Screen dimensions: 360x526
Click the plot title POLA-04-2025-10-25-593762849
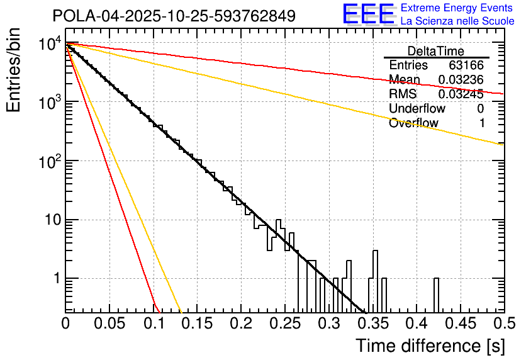click(174, 16)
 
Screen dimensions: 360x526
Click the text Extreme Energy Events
click(457, 8)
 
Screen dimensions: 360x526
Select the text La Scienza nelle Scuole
click(457, 21)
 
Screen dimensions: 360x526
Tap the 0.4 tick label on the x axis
click(416, 324)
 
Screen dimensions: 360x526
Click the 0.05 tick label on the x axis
click(109, 324)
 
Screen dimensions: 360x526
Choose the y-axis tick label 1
click(55, 279)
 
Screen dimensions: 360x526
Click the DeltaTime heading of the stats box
click(436, 51)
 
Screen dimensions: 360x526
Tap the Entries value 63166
click(466, 65)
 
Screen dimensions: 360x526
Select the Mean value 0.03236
click(461, 80)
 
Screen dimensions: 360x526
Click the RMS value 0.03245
click(461, 94)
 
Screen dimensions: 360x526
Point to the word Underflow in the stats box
click(417, 109)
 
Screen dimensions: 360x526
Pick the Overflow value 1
click(481, 123)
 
